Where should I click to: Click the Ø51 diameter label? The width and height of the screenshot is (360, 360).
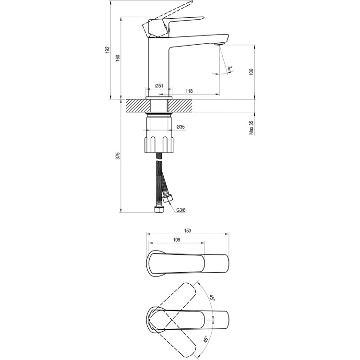(160, 86)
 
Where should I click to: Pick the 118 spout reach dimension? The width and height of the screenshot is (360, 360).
(189, 91)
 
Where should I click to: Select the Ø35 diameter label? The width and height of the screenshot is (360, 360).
(181, 127)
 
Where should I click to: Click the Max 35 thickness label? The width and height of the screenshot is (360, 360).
(252, 127)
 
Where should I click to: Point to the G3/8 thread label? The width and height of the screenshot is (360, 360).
(181, 209)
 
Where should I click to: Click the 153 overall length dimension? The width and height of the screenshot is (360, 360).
(188, 231)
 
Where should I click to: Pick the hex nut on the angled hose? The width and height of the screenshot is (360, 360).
(168, 199)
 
